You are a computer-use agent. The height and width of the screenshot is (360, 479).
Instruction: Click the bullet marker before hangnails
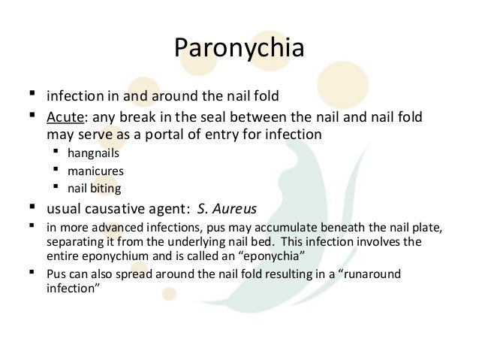(55, 153)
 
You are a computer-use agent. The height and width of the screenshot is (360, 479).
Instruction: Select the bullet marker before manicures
(55, 170)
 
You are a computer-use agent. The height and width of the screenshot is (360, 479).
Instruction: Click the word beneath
(342, 230)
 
